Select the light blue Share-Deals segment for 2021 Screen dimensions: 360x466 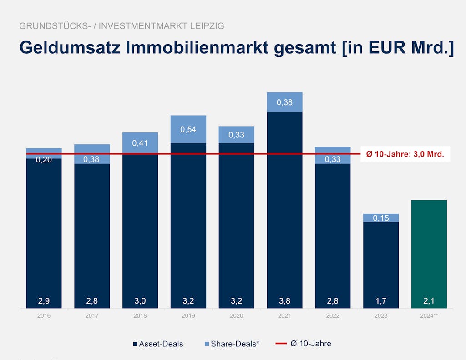[284, 102]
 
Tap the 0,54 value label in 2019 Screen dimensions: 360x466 [188, 129]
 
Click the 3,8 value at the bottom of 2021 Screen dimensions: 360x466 [284, 300]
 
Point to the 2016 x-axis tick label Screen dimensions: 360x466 [44, 316]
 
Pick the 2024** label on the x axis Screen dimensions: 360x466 [429, 316]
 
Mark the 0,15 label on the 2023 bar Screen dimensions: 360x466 [381, 218]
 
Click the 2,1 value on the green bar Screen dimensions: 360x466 [429, 300]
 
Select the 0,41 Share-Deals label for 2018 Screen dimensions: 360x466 [140, 143]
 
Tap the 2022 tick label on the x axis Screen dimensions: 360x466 [333, 316]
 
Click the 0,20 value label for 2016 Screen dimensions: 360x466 [44, 159]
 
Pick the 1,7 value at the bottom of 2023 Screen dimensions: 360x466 [381, 300]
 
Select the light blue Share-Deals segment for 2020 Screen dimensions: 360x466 [236, 135]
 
